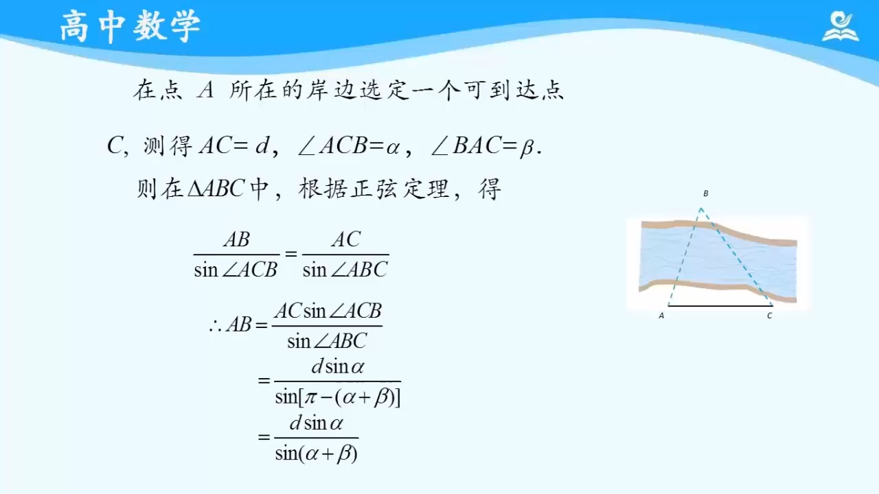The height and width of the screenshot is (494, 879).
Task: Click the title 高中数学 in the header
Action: click(x=130, y=26)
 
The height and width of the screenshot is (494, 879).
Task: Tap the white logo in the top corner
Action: click(x=840, y=27)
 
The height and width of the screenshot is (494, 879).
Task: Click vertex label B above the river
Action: click(x=706, y=193)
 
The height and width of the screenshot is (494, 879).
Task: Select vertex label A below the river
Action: click(x=661, y=316)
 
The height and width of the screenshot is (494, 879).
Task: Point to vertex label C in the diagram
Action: click(x=770, y=316)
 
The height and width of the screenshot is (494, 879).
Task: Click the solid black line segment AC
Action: click(x=720, y=305)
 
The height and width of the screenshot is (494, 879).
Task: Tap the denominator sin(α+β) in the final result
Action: click(x=317, y=454)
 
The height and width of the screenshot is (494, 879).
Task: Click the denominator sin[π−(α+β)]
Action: click(x=337, y=397)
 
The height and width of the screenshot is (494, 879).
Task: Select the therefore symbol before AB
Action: click(x=216, y=325)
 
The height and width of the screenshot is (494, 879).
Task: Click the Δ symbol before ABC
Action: click(x=196, y=189)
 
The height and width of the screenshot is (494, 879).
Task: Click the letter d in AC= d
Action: click(x=262, y=145)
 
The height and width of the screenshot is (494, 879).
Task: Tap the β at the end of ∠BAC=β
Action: click(x=527, y=148)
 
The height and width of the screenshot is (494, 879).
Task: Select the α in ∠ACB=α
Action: click(x=393, y=148)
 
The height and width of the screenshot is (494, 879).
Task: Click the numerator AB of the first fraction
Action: click(x=237, y=239)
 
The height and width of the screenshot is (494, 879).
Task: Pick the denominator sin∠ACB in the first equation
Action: click(x=236, y=270)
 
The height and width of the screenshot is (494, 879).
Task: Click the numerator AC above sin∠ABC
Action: click(x=345, y=239)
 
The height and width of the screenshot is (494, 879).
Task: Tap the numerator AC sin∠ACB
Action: click(x=328, y=311)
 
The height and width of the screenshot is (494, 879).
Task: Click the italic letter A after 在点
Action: click(x=205, y=90)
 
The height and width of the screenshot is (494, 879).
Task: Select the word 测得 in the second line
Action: click(x=168, y=146)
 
